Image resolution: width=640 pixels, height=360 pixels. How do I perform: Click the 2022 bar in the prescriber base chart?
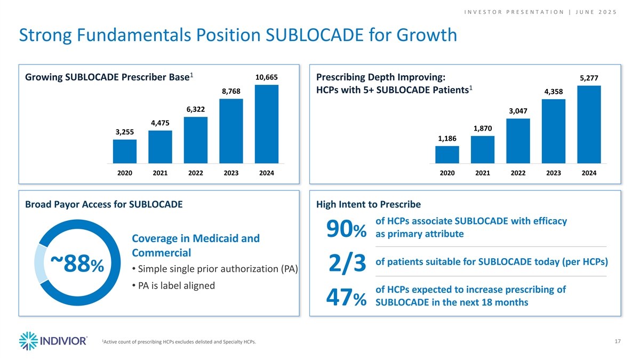pos(196,140)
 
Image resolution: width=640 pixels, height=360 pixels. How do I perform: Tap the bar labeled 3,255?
pos(125,151)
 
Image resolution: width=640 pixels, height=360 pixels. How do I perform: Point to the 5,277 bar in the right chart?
pos(589,124)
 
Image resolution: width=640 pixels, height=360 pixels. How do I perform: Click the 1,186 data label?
pos(447,139)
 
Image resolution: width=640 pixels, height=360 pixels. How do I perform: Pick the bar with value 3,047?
pos(518,140)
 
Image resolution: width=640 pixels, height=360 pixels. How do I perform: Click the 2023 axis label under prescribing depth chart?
pos(554,173)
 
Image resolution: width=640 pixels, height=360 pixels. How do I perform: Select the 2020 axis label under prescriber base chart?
pos(125,173)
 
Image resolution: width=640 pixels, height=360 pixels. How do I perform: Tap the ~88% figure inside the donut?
pos(74,263)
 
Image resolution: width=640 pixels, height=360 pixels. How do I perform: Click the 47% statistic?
pos(346,298)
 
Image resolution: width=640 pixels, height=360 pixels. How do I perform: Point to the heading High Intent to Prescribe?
pos(369,204)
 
